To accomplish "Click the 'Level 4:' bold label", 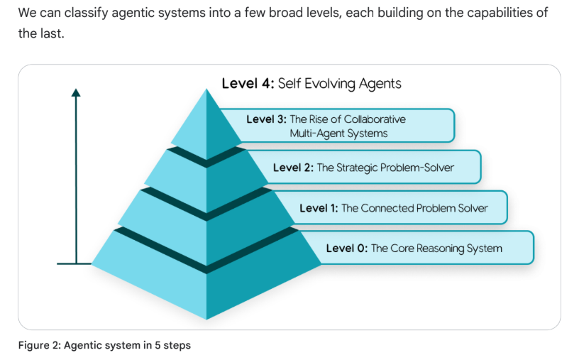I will point(247,84).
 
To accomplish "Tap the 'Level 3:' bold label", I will point(266,119).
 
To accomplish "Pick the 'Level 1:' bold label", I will point(319,208).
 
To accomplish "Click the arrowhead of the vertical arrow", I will point(76,92).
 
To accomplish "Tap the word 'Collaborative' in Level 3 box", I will point(374,119).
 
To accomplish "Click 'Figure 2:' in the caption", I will point(40,346).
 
